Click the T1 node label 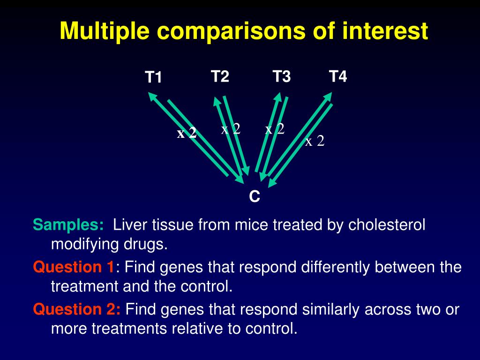pyautogui.click(x=153, y=77)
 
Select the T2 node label pyautogui.click(x=220, y=76)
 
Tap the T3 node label pyautogui.click(x=282, y=76)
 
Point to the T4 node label pyautogui.click(x=338, y=76)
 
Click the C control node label pyautogui.click(x=255, y=197)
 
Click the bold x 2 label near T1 pyautogui.click(x=187, y=134)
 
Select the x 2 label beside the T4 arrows pyautogui.click(x=315, y=141)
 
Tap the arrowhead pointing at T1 pyautogui.click(x=152, y=96)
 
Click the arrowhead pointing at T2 pyautogui.click(x=217, y=100)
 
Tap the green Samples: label pyautogui.click(x=68, y=225)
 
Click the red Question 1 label pyautogui.click(x=74, y=268)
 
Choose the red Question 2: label pyautogui.click(x=77, y=309)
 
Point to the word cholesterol pyautogui.click(x=387, y=225)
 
